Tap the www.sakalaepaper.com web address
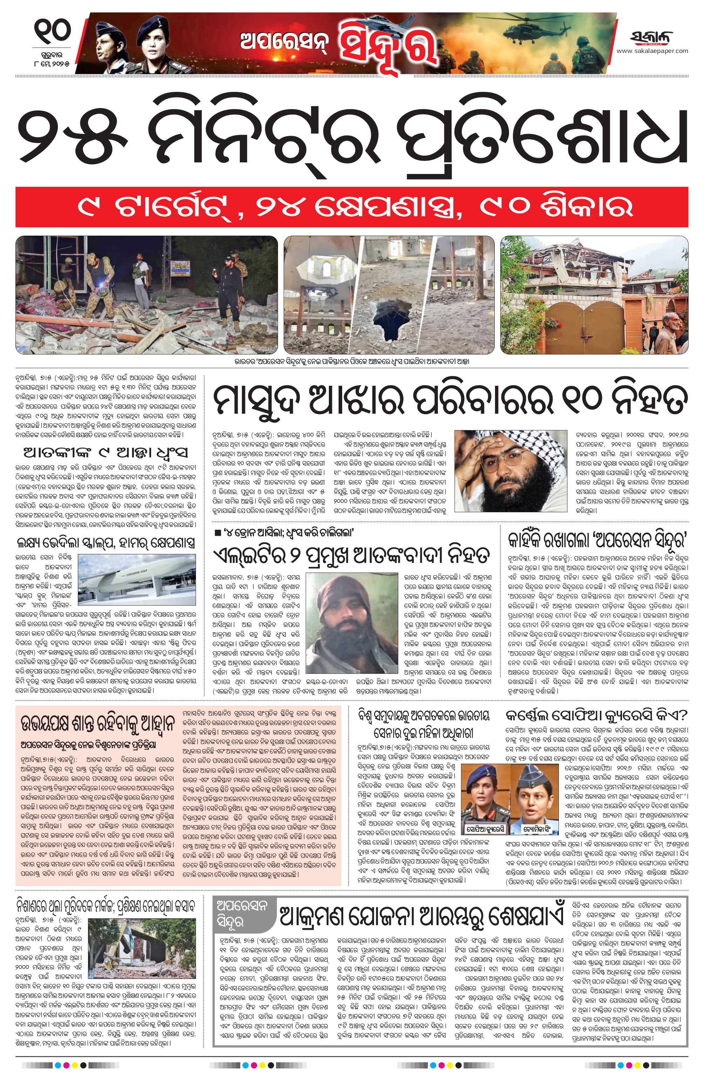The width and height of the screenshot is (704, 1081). tap(652, 51)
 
